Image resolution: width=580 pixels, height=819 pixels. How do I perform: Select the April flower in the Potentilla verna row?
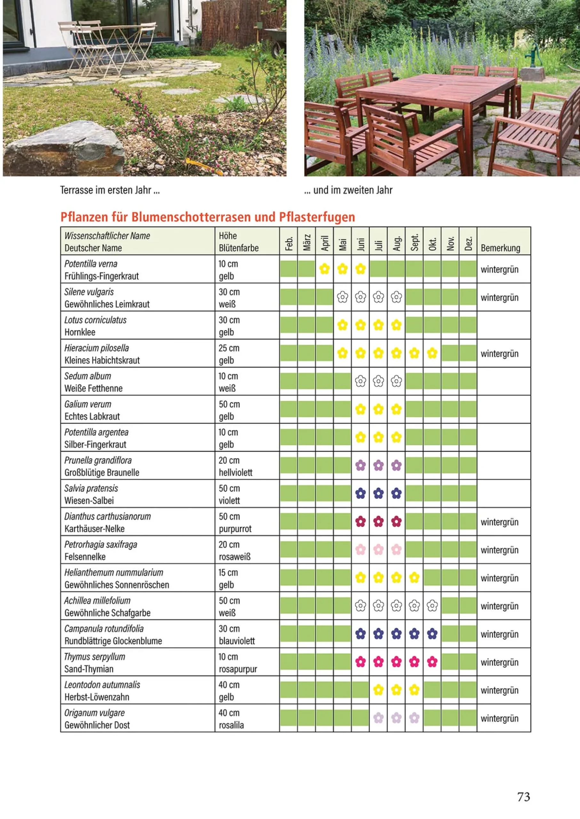pyautogui.click(x=324, y=269)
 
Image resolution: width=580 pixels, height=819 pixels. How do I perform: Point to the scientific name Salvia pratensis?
pyautogui.click(x=91, y=488)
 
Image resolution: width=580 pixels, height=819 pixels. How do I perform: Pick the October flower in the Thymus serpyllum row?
pyautogui.click(x=432, y=662)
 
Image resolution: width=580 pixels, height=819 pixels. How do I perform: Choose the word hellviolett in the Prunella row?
pyautogui.click(x=235, y=473)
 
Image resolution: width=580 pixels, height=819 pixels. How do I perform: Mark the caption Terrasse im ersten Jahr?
pyautogui.click(x=110, y=190)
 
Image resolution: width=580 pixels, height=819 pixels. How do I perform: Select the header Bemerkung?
pyautogui.click(x=500, y=248)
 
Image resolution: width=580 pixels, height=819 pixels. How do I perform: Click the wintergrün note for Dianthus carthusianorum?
pyautogui.click(x=499, y=522)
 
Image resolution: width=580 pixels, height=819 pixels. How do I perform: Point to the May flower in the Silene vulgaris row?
pyautogui.click(x=342, y=297)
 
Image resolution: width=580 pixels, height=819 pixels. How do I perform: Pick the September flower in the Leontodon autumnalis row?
pyautogui.click(x=414, y=690)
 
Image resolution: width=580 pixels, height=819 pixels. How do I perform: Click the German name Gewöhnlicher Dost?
pyautogui.click(x=97, y=725)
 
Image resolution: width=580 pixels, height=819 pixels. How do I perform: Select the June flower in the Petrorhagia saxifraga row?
pyautogui.click(x=360, y=549)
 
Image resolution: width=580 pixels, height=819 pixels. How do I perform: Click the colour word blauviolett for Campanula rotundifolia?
pyautogui.click(x=237, y=641)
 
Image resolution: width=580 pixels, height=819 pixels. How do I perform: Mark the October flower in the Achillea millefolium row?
pyautogui.click(x=432, y=605)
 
